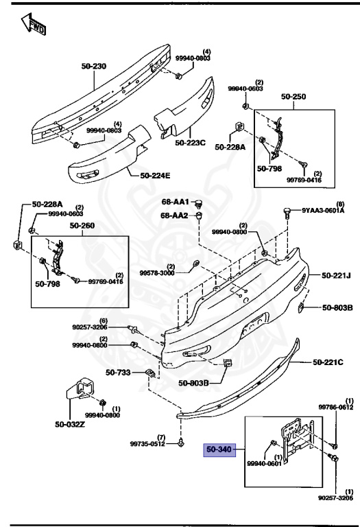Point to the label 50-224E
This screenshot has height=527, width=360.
tap(155, 175)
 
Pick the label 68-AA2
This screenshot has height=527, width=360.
tap(176, 215)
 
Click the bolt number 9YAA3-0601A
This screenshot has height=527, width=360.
tap(324, 211)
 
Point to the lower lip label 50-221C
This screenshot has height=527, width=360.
tap(328, 362)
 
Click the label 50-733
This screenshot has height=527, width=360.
tap(118, 373)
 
